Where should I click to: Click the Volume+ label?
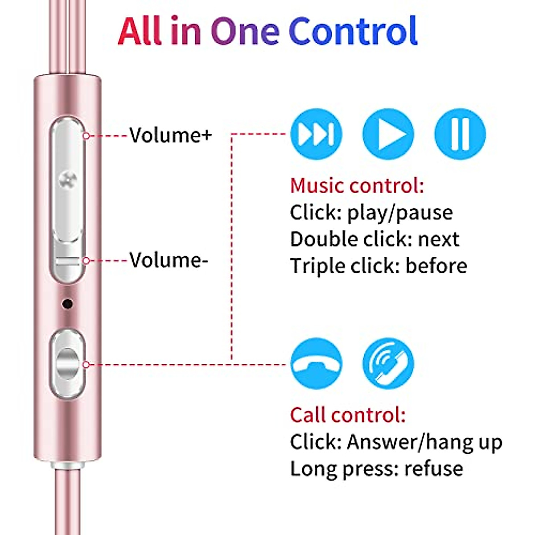170,135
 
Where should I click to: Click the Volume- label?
169,259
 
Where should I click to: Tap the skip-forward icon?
316,134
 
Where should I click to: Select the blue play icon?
388,134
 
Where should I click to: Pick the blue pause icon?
460,134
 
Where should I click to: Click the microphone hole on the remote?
67,304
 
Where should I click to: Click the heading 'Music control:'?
357,185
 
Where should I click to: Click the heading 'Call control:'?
348,415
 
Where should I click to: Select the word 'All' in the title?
139,31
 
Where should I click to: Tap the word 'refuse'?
433,469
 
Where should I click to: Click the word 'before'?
436,266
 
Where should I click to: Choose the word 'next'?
438,239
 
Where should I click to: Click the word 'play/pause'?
400,213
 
